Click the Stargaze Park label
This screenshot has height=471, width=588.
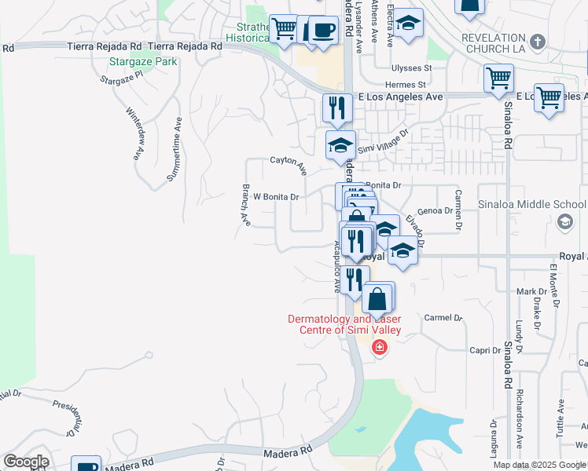point(144,60)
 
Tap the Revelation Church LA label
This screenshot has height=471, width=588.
point(493,43)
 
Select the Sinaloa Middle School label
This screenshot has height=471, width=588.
point(532,205)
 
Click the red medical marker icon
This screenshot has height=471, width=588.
point(379,347)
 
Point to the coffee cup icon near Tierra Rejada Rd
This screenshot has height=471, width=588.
point(322,31)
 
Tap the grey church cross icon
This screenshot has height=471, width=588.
point(538,41)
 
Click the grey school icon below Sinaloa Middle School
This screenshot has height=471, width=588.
point(564,224)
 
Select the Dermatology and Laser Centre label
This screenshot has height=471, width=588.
point(344,324)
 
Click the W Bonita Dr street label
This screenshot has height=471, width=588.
point(276,197)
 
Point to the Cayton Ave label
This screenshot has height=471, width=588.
point(288,163)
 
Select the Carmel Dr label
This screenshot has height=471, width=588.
point(444,318)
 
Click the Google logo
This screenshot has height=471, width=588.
point(26,462)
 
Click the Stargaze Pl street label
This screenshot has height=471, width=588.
point(124,77)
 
